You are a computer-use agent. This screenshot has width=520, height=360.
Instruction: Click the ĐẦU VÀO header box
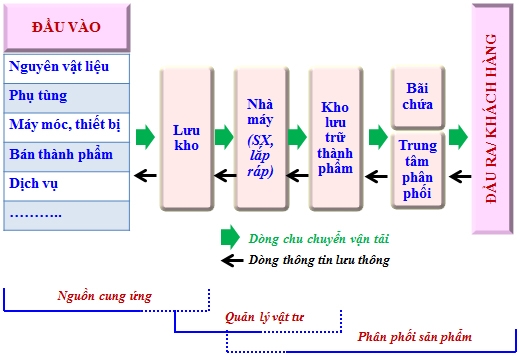65,26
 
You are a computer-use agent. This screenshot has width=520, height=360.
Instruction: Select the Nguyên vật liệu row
65,68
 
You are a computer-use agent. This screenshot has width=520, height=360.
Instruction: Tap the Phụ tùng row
65,97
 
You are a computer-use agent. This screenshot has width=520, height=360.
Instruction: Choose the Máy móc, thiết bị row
65,126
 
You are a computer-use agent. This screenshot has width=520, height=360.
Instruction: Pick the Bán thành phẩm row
65,155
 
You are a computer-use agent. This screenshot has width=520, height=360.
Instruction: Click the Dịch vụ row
65,185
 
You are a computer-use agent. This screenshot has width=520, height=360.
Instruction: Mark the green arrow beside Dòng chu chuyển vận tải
229,238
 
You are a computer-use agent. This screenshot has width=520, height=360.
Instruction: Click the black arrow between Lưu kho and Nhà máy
223,175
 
